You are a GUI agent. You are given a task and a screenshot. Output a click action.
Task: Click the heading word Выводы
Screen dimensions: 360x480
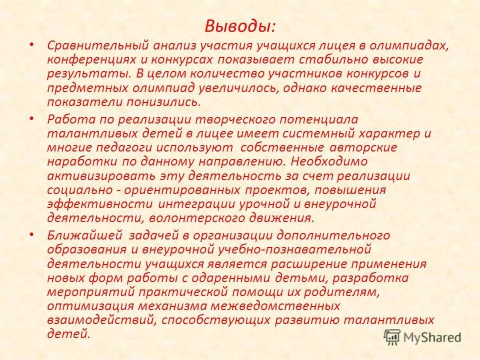tap(239, 25)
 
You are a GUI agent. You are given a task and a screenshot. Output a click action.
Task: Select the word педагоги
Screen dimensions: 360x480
tap(130, 148)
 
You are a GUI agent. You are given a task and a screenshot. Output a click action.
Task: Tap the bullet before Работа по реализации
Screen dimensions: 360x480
tap(32, 118)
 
